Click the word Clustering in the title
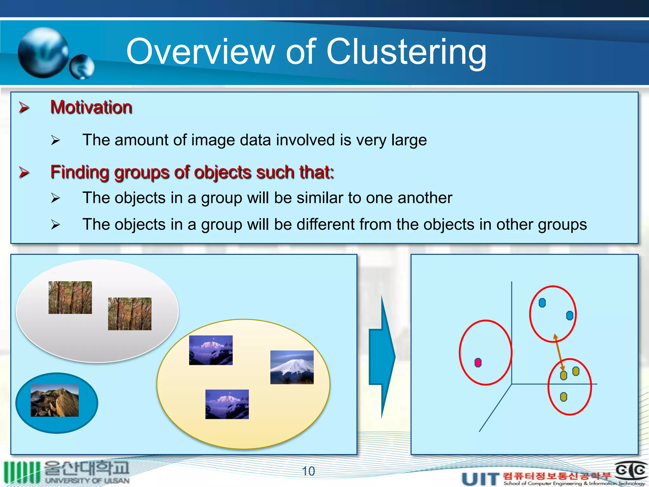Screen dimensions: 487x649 [x=406, y=52]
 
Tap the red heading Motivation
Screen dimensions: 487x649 [x=91, y=107]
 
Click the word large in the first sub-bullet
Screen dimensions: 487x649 [x=409, y=140]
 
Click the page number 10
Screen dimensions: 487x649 [x=308, y=471]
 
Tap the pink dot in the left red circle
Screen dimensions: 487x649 [x=478, y=362]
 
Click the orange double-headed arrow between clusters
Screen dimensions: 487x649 [x=559, y=352]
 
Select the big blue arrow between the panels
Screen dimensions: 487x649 [x=382, y=357]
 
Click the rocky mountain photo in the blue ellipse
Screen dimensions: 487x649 [x=55, y=400]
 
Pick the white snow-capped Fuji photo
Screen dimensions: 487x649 [x=292, y=367]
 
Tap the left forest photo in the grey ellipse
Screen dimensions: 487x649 [x=70, y=297]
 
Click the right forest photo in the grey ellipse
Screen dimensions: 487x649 [x=130, y=314]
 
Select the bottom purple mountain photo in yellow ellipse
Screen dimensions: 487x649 [x=227, y=404]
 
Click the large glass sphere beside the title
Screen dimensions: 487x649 [x=43, y=53]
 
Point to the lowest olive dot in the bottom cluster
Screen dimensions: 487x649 [x=563, y=397]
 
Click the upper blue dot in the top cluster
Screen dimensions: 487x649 [x=542, y=303]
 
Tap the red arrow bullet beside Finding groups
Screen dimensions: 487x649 [x=24, y=172]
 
